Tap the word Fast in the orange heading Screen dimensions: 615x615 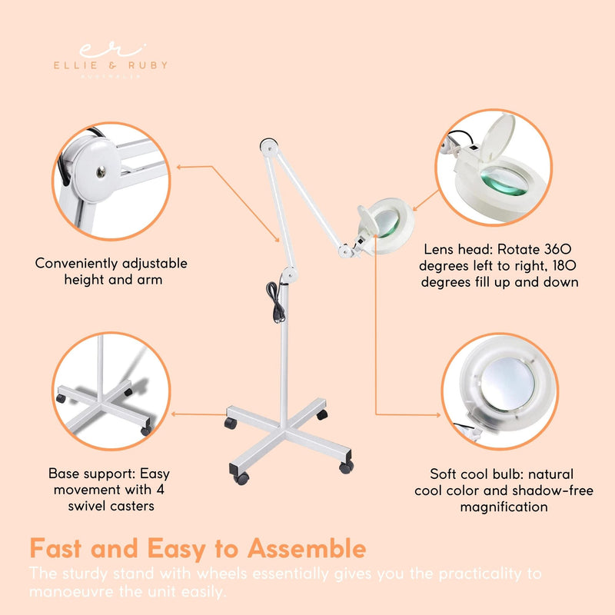(x=62, y=549)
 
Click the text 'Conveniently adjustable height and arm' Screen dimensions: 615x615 (x=111, y=271)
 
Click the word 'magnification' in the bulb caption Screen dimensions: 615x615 (x=504, y=507)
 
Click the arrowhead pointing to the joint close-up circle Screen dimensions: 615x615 (x=179, y=166)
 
